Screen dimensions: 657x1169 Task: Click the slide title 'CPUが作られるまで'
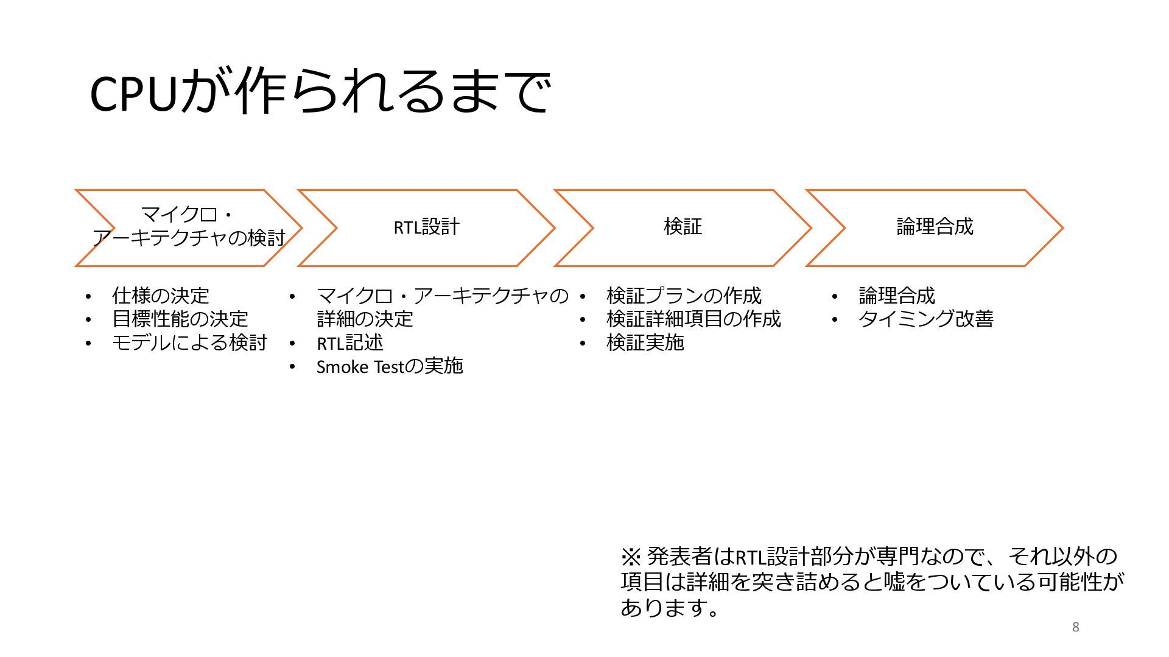[x=320, y=92]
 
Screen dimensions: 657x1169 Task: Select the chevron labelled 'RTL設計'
[x=426, y=228]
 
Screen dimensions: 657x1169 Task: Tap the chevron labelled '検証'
[x=683, y=228]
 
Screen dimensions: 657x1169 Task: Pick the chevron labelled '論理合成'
[x=935, y=228]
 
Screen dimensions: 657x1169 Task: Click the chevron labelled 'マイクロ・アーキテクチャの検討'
[x=188, y=228]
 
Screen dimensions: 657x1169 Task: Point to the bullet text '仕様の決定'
[x=161, y=296]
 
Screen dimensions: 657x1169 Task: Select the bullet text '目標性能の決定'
[x=180, y=319]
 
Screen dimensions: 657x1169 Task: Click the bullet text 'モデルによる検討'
[x=189, y=343]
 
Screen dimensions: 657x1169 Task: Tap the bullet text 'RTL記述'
[x=350, y=343]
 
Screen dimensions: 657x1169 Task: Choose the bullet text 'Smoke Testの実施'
[x=390, y=367]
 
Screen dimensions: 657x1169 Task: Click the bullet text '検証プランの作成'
[x=684, y=296]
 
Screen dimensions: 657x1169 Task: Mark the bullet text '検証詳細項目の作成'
[x=693, y=319]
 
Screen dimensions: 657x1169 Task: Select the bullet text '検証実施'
[x=645, y=343]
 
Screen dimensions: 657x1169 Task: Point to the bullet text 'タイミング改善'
[x=926, y=319]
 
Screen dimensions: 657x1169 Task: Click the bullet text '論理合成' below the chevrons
[x=897, y=296]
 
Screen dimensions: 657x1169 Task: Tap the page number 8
[x=1076, y=627]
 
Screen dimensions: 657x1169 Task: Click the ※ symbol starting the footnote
[x=631, y=556]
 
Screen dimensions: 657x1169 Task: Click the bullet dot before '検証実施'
[x=583, y=344]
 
